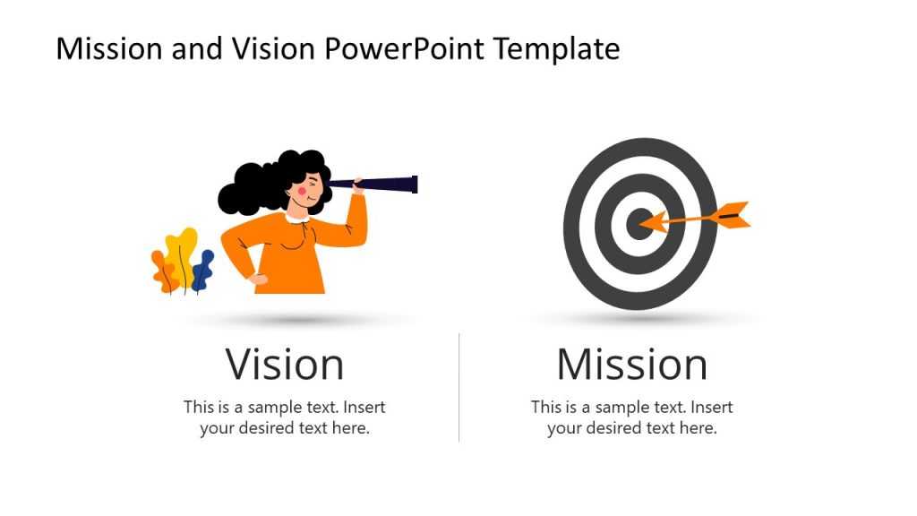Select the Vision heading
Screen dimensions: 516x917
(x=284, y=365)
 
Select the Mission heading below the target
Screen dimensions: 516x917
(x=631, y=365)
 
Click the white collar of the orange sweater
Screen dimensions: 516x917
(x=297, y=217)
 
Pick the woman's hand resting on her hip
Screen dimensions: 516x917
(x=258, y=279)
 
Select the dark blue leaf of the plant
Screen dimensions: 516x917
(x=203, y=269)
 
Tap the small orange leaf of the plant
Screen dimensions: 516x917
(x=163, y=271)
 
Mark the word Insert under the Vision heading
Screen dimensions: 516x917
(x=364, y=407)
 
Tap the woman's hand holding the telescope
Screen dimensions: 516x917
(x=358, y=187)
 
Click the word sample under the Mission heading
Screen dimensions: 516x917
(x=623, y=407)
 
